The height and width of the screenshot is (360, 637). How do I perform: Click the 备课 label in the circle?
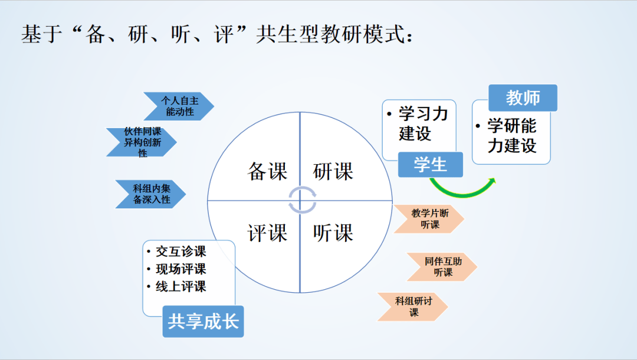pos(267,172)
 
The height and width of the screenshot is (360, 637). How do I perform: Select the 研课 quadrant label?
pos(333,172)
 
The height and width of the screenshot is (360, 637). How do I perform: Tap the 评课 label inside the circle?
pos(267,233)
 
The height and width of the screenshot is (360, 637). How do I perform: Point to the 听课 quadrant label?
pos(333,233)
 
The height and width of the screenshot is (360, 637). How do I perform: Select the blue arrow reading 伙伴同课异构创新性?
pos(142,142)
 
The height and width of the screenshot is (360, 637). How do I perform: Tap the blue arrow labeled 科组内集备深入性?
pos(151,194)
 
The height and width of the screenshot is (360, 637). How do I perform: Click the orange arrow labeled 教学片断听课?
pos(429,218)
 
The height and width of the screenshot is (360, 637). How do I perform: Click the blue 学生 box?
pos(430,165)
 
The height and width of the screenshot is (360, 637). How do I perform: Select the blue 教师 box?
pos(523,98)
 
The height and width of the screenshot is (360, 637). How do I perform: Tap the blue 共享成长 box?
pos(203,322)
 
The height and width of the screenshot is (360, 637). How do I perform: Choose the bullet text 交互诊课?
pos(180,251)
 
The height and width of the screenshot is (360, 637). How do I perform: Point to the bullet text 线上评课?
pos(180,287)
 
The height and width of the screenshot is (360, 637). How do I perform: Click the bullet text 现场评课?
pos(180,269)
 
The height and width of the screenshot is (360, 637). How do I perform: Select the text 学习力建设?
pos(422,123)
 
